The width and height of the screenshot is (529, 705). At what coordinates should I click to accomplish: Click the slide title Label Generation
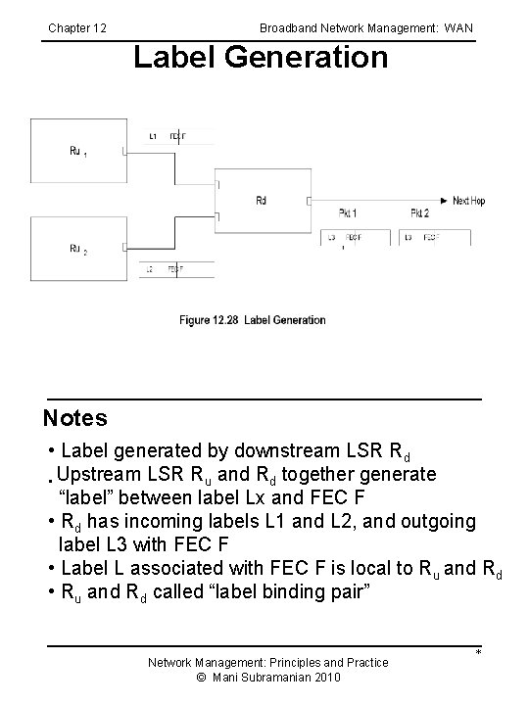pos(261,58)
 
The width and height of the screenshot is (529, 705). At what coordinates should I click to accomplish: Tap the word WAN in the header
pos(457,28)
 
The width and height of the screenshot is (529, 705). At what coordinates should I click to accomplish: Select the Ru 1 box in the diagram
pos(78,151)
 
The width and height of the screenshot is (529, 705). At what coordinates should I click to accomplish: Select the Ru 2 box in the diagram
pos(78,249)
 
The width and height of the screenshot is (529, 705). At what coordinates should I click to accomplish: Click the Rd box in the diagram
pos(262,201)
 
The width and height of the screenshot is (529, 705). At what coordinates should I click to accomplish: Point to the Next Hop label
pos(468,201)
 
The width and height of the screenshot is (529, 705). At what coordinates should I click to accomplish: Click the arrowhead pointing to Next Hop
pos(445,201)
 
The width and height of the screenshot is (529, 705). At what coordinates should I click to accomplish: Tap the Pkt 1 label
pos(348,212)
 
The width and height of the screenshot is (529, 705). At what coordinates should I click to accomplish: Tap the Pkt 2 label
pos(419,212)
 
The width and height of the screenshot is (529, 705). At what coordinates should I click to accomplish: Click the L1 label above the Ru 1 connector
pos(153,135)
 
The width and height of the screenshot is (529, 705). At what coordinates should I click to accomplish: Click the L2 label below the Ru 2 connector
pos(149,268)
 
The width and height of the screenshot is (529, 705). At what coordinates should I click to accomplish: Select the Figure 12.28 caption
pos(252,320)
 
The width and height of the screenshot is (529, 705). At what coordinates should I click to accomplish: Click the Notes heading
pos(75,419)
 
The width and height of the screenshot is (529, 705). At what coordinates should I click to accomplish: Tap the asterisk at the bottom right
pos(479,653)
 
